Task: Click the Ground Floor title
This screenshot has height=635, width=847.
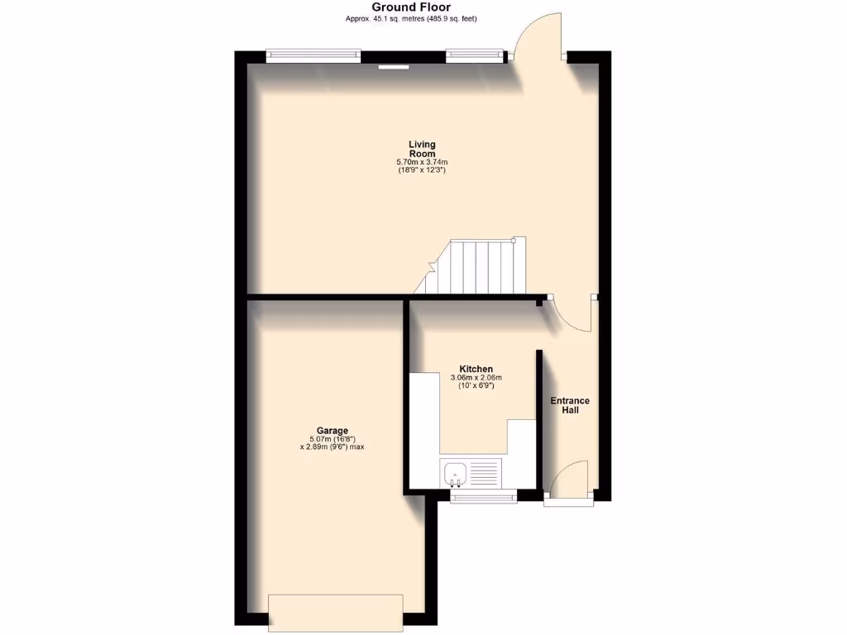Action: pyautogui.click(x=410, y=7)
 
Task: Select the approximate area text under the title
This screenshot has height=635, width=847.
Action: pyautogui.click(x=410, y=19)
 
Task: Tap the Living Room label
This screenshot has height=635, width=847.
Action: pyautogui.click(x=422, y=149)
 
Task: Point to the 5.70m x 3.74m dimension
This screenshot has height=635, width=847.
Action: pyautogui.click(x=422, y=162)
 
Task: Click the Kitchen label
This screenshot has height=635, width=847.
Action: pyautogui.click(x=476, y=369)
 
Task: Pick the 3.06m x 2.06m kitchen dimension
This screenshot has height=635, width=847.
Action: pyautogui.click(x=476, y=379)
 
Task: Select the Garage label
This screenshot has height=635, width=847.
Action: pyautogui.click(x=328, y=430)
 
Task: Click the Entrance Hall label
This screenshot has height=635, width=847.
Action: pyautogui.click(x=571, y=406)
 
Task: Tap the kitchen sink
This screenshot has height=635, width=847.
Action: pyautogui.click(x=456, y=473)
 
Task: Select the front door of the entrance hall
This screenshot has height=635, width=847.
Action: pyautogui.click(x=568, y=484)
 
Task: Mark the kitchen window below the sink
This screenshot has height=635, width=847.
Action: pyautogui.click(x=484, y=496)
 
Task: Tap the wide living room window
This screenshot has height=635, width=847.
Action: pyautogui.click(x=313, y=55)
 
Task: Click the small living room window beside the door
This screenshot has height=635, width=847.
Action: pyautogui.click(x=474, y=55)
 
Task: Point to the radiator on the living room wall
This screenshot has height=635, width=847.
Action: pyautogui.click(x=394, y=67)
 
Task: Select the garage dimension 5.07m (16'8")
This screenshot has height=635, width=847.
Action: pyautogui.click(x=332, y=439)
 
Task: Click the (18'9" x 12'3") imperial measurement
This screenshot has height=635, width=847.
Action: pyautogui.click(x=422, y=170)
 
